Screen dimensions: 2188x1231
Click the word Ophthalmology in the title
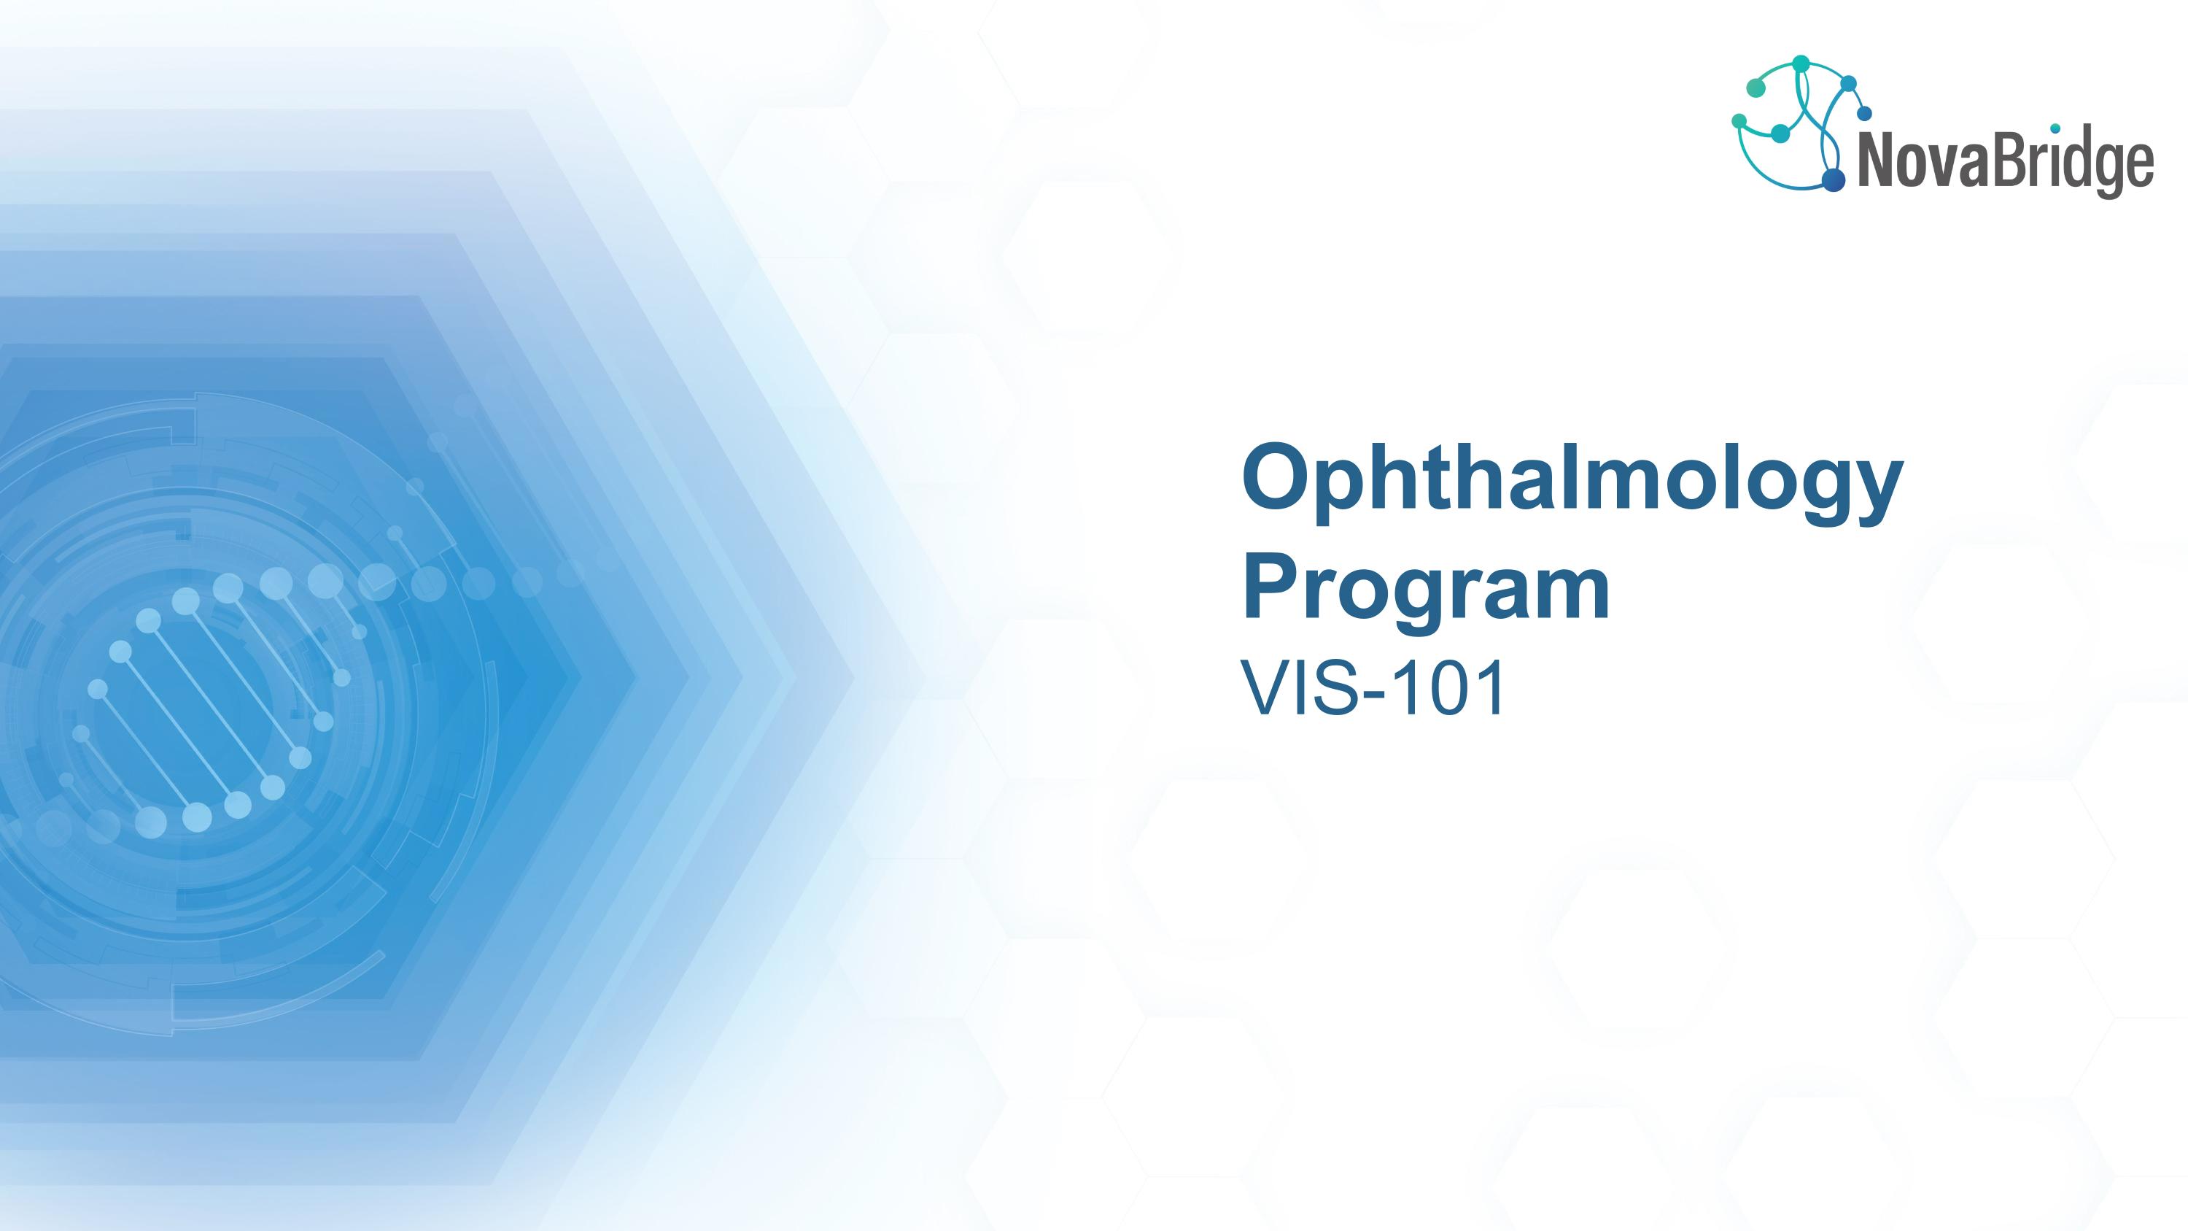1572,482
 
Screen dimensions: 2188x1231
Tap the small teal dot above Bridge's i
2055,128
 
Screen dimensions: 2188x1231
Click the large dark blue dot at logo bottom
1833,180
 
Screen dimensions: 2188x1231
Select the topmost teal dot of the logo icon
1801,63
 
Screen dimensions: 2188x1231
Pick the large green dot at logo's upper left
1756,88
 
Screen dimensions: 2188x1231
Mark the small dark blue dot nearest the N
1864,113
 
